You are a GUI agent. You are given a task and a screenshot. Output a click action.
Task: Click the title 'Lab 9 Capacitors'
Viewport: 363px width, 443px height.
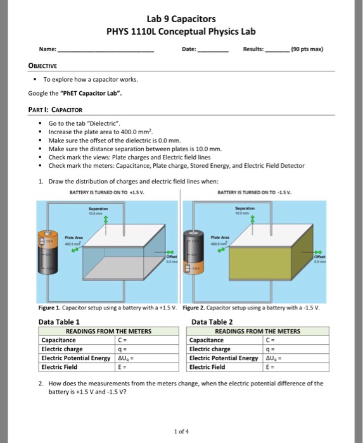pos(181,19)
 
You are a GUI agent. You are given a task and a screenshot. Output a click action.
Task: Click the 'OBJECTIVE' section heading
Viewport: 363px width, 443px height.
pos(43,65)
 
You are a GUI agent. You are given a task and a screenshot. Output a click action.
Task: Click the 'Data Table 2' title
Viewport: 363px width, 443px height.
pos(213,321)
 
